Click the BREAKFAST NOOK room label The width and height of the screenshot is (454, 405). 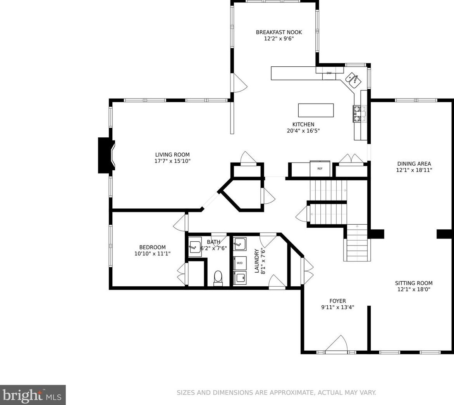point(279,32)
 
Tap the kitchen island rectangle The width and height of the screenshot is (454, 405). point(316,110)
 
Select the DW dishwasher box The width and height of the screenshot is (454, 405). point(329,73)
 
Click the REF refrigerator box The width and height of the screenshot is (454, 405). point(320,168)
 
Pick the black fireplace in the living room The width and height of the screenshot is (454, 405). point(106,156)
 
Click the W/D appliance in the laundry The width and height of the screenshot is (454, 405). point(240,263)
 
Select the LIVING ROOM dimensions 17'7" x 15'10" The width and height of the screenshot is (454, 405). point(172,161)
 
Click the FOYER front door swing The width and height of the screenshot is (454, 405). point(337,344)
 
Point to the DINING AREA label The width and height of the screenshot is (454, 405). point(414,164)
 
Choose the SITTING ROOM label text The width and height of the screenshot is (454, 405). point(414,283)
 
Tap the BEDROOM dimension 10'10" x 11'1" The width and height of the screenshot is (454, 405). point(152,253)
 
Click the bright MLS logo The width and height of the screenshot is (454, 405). point(33,395)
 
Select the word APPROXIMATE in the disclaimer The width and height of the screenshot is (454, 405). point(292,393)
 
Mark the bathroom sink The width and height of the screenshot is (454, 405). point(195,247)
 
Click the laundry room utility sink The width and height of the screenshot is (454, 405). point(240,244)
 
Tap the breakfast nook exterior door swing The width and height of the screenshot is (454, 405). point(240,83)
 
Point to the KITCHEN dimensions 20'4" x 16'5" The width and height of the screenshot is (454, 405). point(303,131)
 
